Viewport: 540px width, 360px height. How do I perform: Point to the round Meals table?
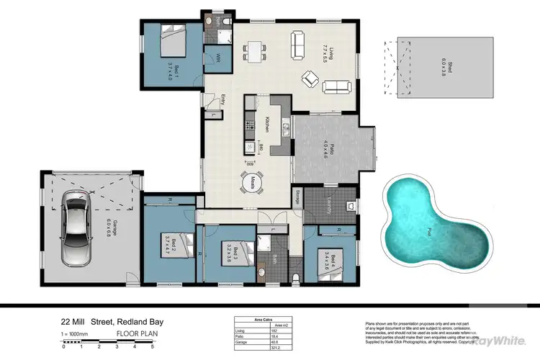click(x=253, y=184)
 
